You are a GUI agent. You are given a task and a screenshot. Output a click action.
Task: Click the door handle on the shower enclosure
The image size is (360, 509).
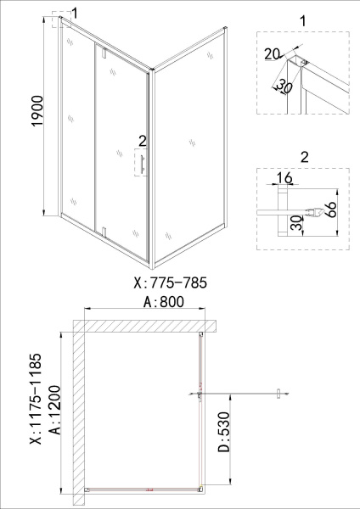tap(142, 163)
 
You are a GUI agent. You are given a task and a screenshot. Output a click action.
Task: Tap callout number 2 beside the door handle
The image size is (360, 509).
tap(142, 141)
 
